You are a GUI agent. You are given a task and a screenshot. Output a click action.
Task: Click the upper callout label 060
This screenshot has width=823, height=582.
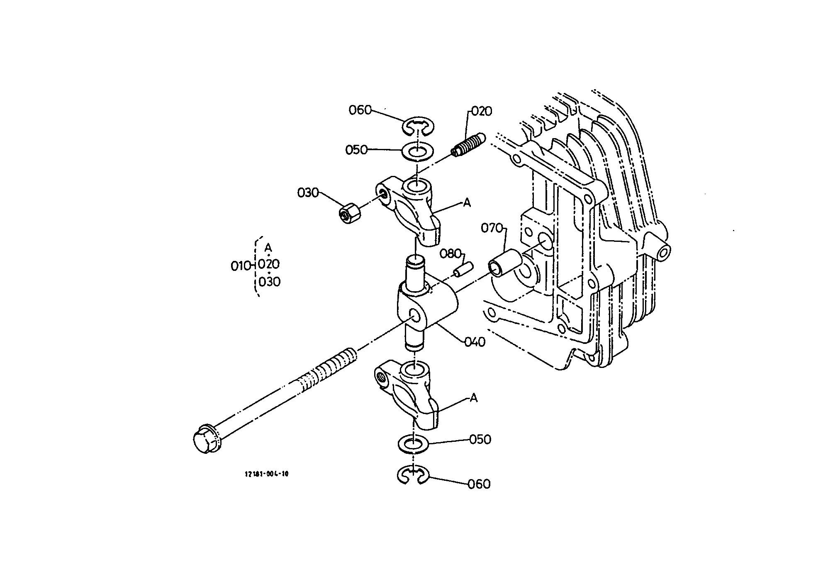point(360,110)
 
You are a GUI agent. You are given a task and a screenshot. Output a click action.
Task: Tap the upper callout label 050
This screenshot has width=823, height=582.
point(356,149)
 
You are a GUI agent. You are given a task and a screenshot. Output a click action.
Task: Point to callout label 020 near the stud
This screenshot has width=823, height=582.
point(481,111)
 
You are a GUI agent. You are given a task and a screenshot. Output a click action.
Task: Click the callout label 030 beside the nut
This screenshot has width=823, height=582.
point(308,192)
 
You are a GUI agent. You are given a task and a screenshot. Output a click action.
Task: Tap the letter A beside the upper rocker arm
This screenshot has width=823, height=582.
point(467,203)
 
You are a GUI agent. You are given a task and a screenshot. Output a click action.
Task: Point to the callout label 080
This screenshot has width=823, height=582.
point(450,253)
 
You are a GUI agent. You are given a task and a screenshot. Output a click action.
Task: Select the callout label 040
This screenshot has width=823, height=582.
point(474,342)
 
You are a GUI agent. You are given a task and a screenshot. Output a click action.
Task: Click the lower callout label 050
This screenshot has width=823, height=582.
point(480,439)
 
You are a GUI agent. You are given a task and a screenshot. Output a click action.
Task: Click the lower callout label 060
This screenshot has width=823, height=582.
point(479,484)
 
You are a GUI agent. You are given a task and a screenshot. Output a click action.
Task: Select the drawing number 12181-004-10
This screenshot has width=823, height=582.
point(267,474)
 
